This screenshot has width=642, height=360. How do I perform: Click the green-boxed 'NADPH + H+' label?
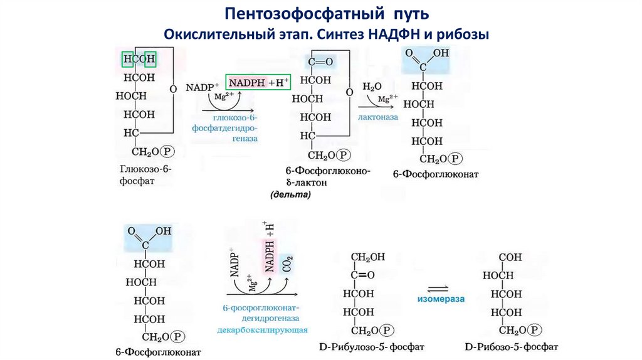point(258,82)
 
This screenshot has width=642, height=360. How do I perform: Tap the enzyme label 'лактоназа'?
point(379,117)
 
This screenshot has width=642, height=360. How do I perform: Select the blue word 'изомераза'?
point(441,299)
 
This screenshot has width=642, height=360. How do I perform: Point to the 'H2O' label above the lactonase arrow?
point(372,86)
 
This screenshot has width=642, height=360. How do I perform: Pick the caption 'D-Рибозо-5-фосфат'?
point(512,346)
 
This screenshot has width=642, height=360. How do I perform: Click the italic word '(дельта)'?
point(290,195)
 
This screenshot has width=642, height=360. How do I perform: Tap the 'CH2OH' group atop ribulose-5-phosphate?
point(370,257)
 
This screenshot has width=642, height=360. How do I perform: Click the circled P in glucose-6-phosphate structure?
point(167,151)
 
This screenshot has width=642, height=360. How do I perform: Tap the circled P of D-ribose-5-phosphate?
point(535,330)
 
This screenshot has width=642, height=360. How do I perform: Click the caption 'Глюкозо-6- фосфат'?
point(145,175)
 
